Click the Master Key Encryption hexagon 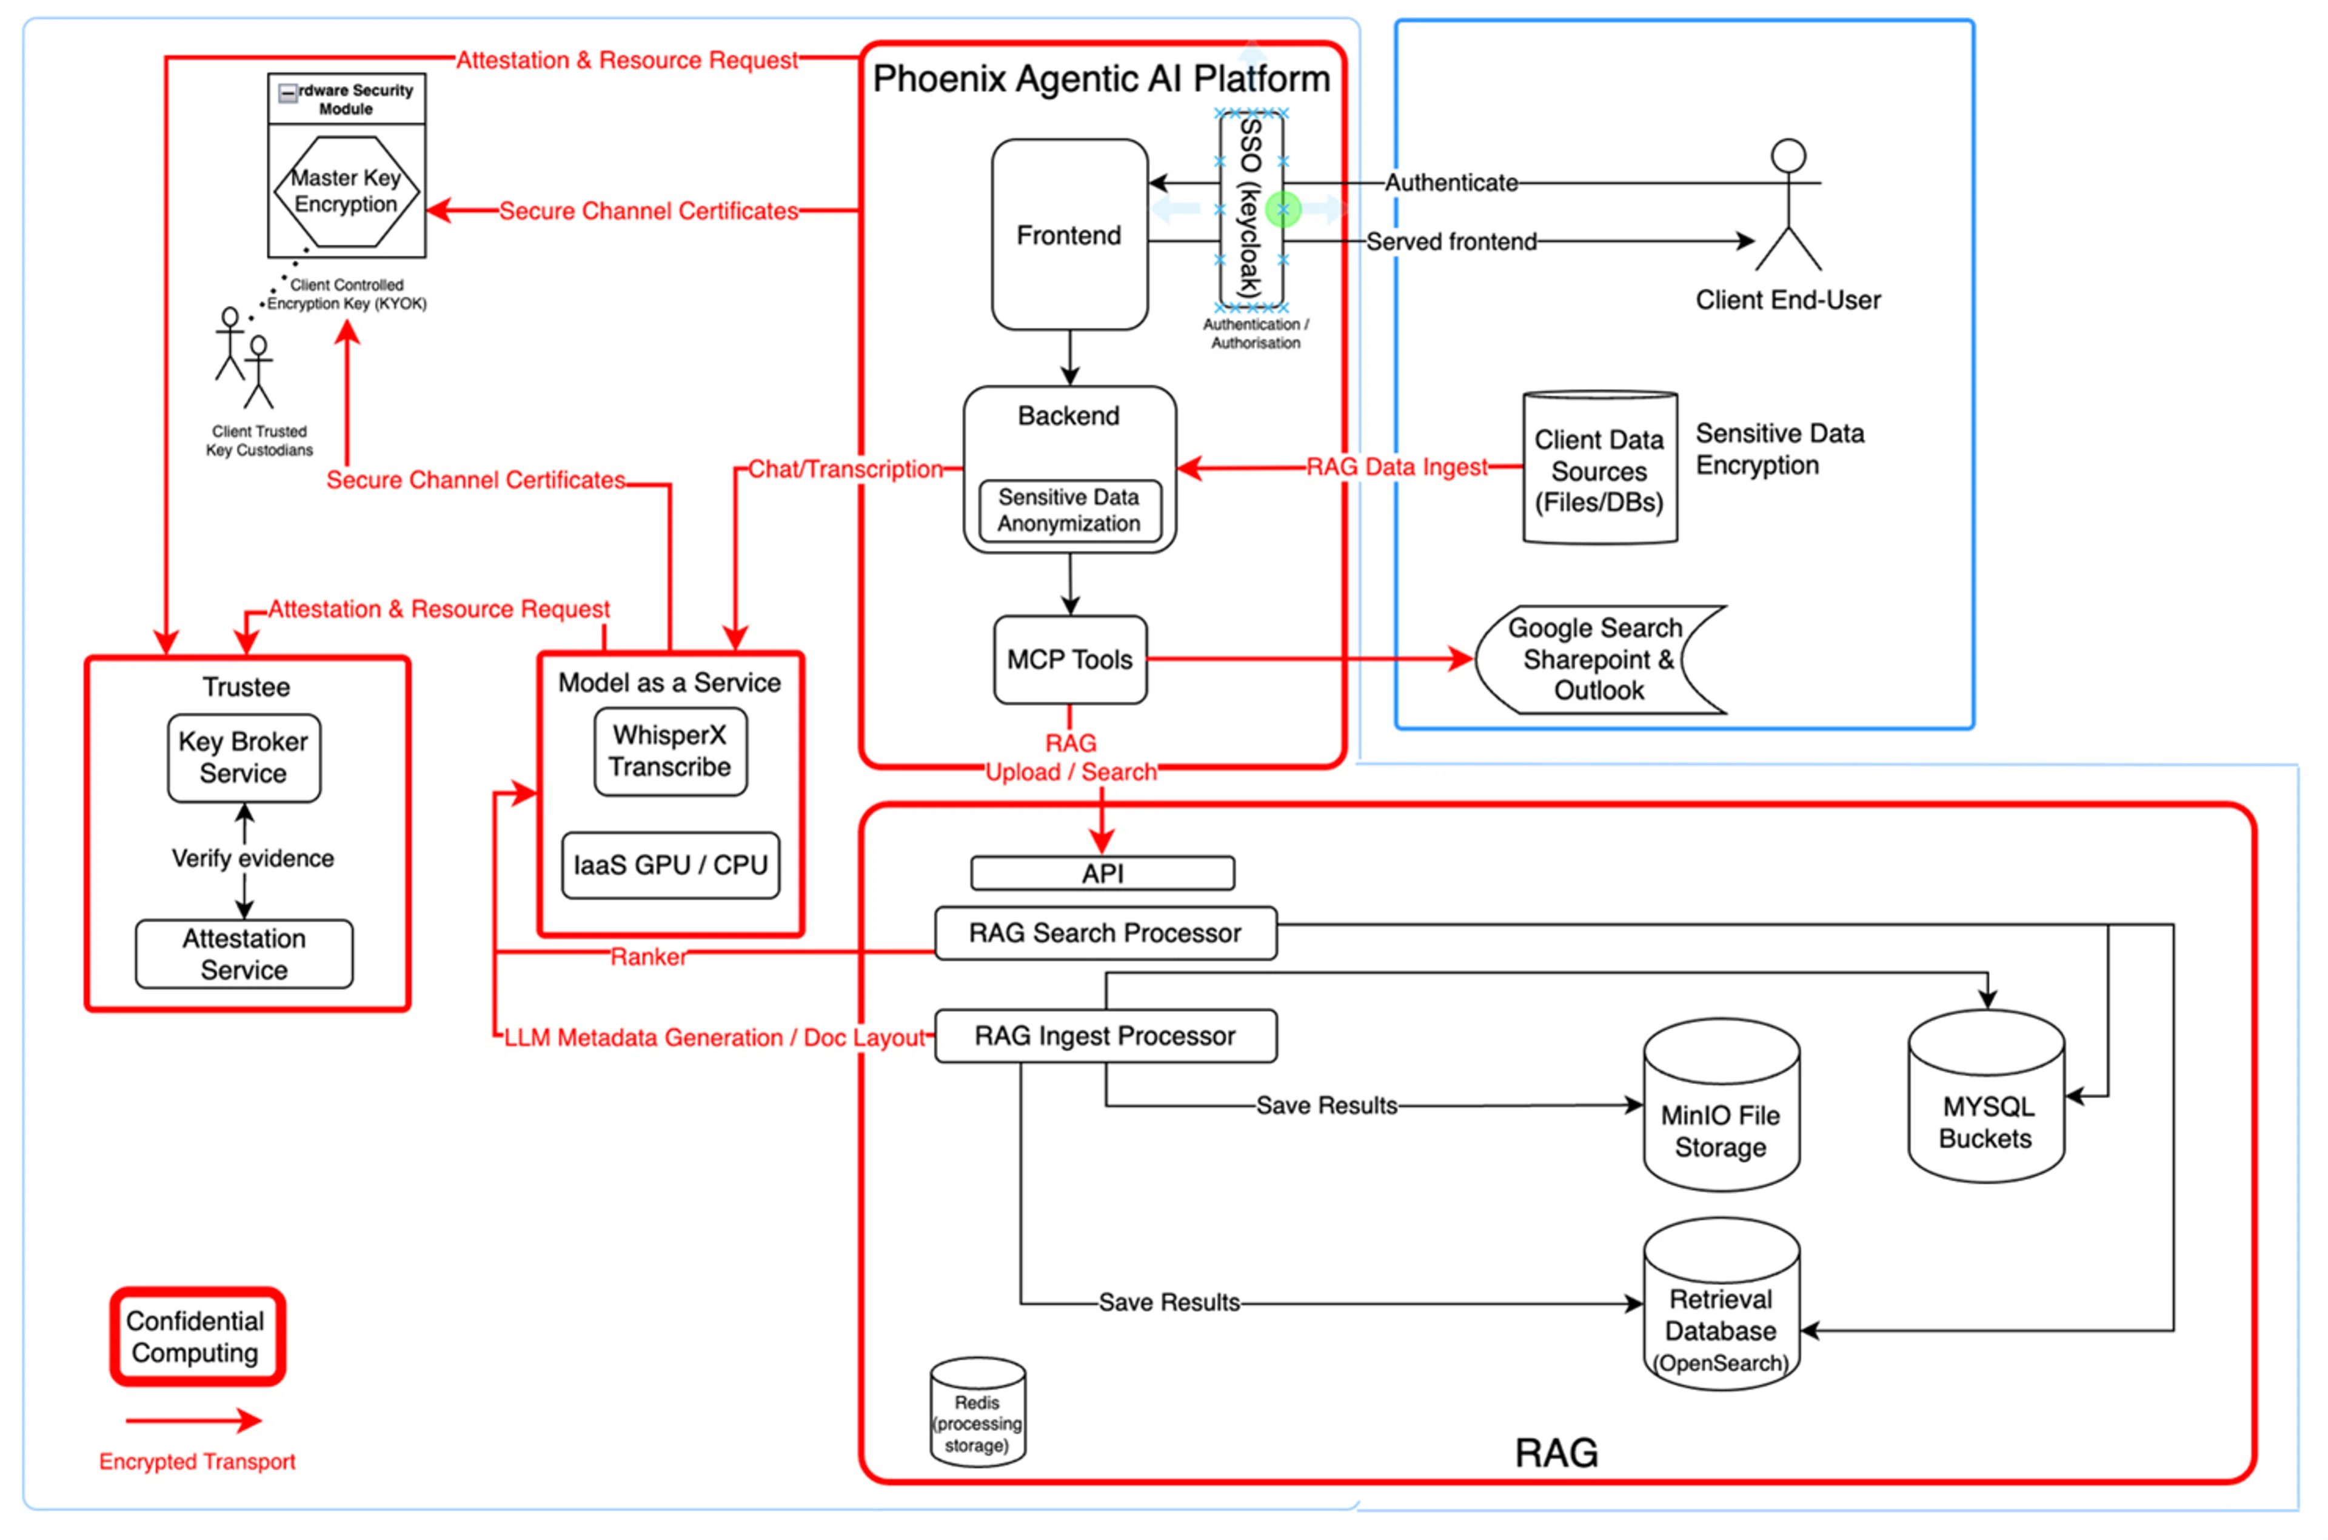346,192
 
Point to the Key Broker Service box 244,757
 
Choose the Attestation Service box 244,954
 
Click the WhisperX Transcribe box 670,751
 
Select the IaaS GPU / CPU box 670,865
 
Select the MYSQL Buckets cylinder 1985,1105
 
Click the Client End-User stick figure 1788,206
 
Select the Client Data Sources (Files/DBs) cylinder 1599,469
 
